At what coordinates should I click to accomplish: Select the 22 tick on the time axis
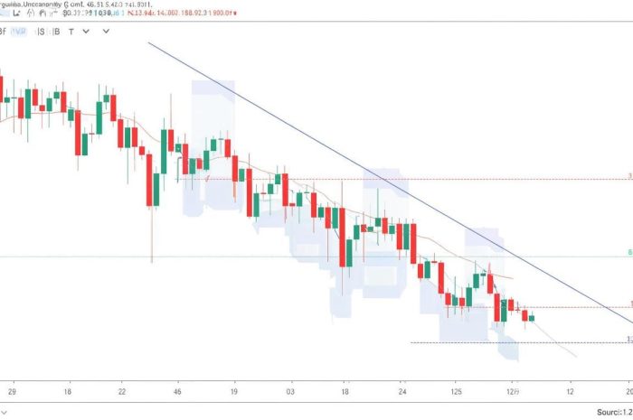click(x=123, y=393)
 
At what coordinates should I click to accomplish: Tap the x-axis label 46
click(x=178, y=393)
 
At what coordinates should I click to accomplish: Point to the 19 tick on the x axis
click(x=233, y=393)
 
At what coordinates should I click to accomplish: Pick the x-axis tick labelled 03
click(x=289, y=393)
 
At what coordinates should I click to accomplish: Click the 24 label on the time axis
click(x=402, y=393)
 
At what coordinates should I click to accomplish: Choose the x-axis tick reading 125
click(x=457, y=393)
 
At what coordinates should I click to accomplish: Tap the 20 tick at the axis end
click(x=628, y=393)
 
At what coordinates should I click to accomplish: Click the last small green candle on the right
click(x=532, y=318)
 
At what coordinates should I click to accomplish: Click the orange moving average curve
click(x=271, y=177)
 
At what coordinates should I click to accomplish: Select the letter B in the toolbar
click(x=56, y=30)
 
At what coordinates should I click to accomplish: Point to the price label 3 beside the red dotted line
click(x=629, y=176)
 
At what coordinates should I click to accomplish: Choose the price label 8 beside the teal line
click(x=629, y=254)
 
